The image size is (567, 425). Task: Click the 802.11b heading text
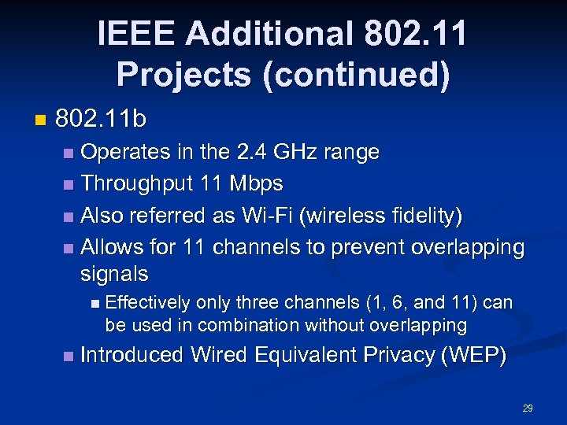[102, 120]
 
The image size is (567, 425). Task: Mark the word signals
[114, 274]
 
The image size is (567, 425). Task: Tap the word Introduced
[132, 355]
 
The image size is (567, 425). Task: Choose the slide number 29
[528, 408]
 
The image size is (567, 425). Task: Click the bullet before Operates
[69, 152]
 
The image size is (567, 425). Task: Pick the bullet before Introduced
[69, 356]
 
